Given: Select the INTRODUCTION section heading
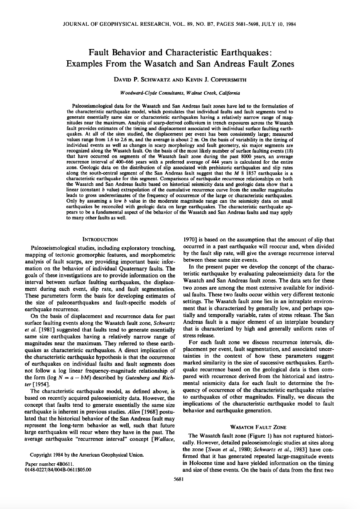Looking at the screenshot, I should pyautogui.click(x=100, y=239).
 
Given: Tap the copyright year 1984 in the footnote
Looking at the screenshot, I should pyautogui.click(x=59, y=455).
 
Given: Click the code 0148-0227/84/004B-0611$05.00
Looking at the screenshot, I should pyautogui.click(x=58, y=470).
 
